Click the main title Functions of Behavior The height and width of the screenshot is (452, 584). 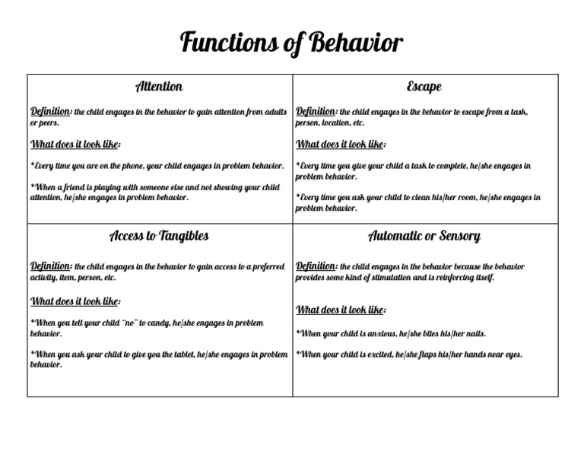[291, 43]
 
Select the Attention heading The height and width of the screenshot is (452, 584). [159, 87]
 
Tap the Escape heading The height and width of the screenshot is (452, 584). [424, 87]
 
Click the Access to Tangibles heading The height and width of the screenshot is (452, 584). [159, 236]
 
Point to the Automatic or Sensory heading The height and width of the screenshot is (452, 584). [424, 236]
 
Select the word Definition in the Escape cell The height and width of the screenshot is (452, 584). [316, 111]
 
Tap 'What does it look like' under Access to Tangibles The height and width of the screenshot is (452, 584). [75, 301]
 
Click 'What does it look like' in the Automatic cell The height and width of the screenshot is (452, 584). [341, 310]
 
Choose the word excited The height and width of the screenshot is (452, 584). [378, 355]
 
